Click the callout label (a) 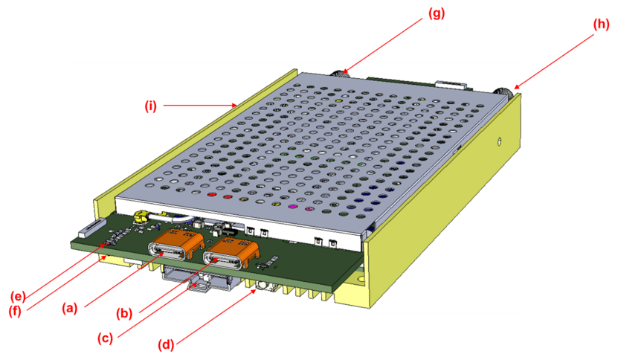pos(69,306)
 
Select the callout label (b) pos(124,314)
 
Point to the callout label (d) pos(168,344)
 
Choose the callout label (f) pos(16,312)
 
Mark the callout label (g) pos(437,13)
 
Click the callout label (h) pos(601,24)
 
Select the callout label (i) pos(151,106)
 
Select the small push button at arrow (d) pos(262,286)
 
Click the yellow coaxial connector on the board pos(139,217)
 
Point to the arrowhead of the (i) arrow pos(234,106)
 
